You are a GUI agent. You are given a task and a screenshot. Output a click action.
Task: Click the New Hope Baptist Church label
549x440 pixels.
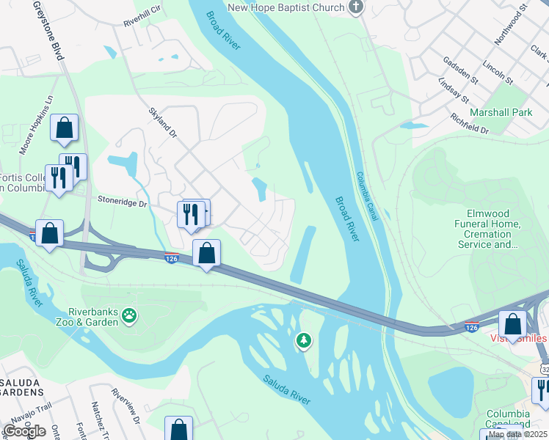point(286,8)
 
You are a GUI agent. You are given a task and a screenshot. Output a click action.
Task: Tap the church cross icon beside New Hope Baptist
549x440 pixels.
point(356,8)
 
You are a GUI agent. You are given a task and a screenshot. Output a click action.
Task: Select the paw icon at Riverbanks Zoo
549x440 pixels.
point(129,316)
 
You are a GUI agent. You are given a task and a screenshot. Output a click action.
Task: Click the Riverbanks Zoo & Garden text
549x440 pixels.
point(92,316)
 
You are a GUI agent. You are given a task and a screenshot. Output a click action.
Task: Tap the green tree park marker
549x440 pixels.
point(303,340)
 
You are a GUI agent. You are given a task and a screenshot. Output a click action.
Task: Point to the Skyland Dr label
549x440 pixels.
point(163,122)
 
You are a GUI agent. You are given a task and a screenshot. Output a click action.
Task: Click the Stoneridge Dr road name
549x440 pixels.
point(123,201)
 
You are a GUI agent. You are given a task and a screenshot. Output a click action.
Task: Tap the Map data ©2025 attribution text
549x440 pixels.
point(517,434)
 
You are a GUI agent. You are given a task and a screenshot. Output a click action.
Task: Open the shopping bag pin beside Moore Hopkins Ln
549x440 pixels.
point(65,128)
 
